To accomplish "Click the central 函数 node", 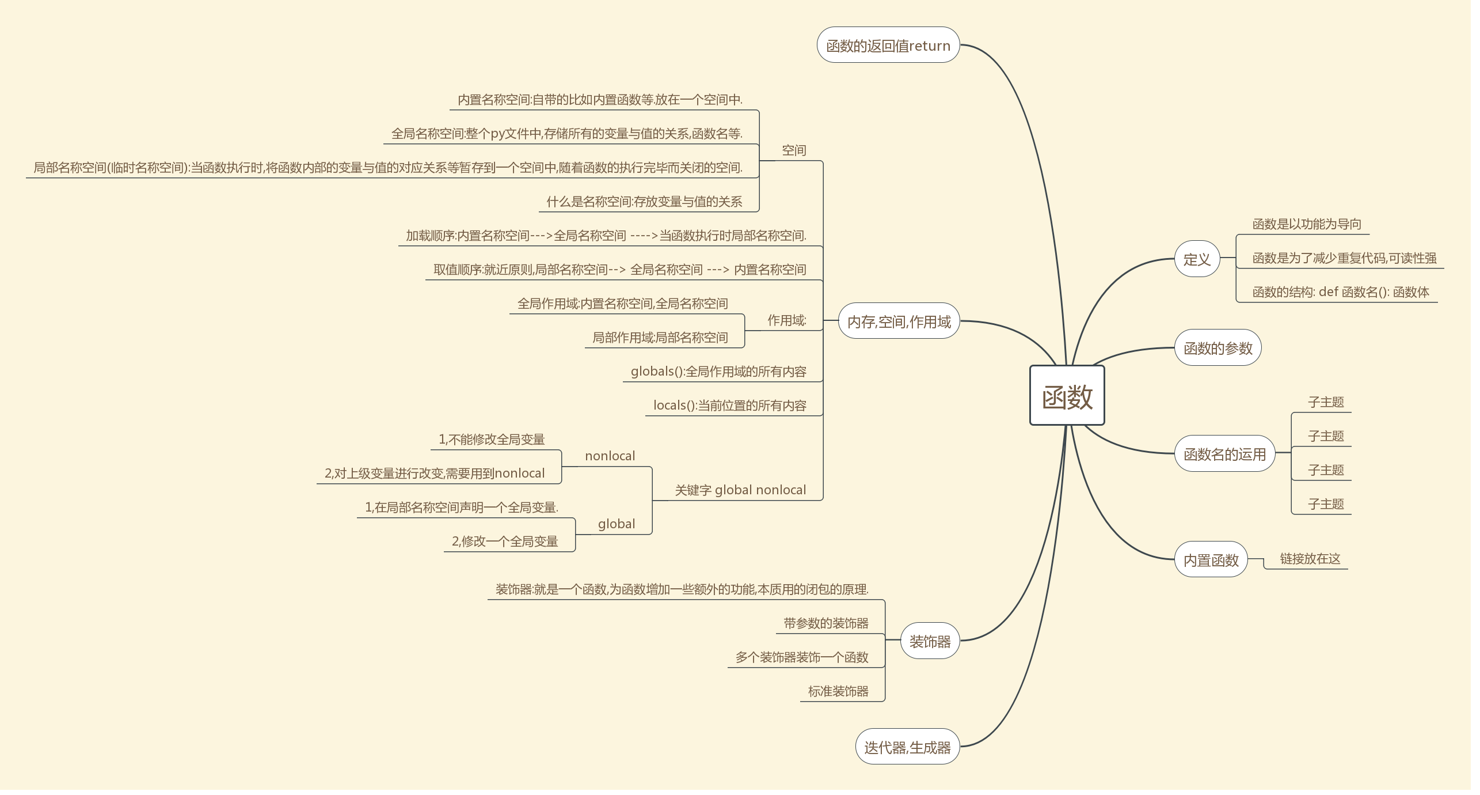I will click(x=1067, y=396).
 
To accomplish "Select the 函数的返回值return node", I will click(x=888, y=45).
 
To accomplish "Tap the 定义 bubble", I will click(x=1197, y=259).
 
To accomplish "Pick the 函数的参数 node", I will click(x=1218, y=348).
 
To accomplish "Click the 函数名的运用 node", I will click(x=1224, y=454).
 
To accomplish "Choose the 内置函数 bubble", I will click(x=1211, y=559).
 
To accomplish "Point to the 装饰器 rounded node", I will click(x=930, y=641).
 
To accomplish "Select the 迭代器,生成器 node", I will click(x=907, y=747).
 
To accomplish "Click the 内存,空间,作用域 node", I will click(x=899, y=321).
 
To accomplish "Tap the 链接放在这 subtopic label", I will click(x=1310, y=558).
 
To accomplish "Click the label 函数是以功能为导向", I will click(x=1307, y=224).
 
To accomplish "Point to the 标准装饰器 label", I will click(x=838, y=691).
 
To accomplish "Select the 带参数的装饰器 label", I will click(x=826, y=623).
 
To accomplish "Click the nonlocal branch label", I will click(x=610, y=456).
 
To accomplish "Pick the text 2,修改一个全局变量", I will click(x=505, y=541).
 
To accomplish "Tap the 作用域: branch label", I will click(x=786, y=320).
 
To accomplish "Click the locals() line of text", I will click(x=729, y=405).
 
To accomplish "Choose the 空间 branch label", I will click(x=794, y=150).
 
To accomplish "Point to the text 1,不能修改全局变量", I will click(x=492, y=439).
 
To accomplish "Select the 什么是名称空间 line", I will click(x=644, y=201).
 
